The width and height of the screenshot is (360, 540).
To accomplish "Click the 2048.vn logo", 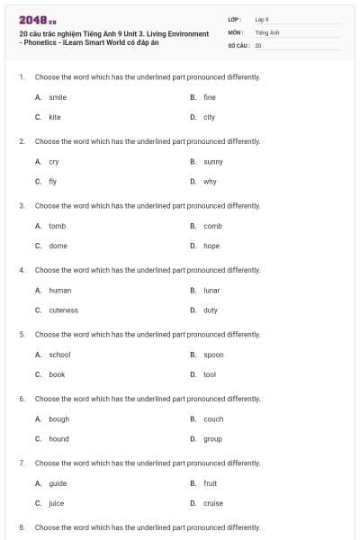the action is (33, 19).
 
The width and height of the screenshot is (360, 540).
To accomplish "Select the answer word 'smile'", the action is (58, 97).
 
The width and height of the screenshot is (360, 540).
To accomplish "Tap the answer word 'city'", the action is (209, 117).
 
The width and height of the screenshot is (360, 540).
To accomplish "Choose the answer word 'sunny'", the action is (213, 162).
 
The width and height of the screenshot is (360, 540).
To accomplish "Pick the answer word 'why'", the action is (210, 182).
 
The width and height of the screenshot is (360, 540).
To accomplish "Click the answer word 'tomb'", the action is (57, 226).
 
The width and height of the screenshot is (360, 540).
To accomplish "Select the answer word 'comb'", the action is (212, 226).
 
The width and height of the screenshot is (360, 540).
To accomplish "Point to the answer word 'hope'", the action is (211, 246).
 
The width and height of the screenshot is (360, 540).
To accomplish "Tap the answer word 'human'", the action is (59, 291).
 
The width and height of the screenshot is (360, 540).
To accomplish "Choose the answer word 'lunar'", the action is (211, 291).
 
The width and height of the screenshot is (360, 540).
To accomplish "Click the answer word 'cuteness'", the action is (63, 310).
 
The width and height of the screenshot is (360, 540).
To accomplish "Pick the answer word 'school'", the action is (59, 355).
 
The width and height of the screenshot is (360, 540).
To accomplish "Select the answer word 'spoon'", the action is (213, 355).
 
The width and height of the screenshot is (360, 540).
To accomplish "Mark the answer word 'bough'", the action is (58, 419).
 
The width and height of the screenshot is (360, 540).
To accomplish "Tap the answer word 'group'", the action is (212, 439).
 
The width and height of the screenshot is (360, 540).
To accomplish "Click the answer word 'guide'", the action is (58, 483).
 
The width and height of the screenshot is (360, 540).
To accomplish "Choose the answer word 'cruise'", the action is (213, 503).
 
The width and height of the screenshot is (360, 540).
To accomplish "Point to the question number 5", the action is (22, 334).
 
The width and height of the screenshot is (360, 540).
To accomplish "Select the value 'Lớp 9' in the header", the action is (262, 19).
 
